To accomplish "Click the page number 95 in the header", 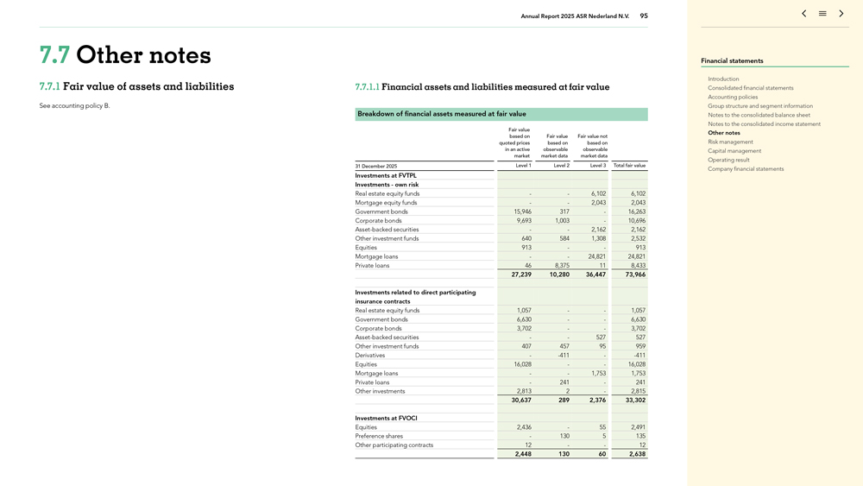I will [x=644, y=16].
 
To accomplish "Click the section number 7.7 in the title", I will [x=55, y=55].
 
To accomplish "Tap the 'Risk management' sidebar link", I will [x=730, y=142].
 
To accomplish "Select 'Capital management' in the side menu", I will [x=734, y=151].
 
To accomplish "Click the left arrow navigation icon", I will [x=803, y=14].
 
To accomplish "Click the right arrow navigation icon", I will [x=841, y=14].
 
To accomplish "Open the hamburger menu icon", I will [x=822, y=14].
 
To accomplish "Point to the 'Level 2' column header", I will [x=561, y=166].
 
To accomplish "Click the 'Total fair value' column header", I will [x=629, y=166].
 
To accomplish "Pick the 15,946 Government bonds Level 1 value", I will [x=522, y=211].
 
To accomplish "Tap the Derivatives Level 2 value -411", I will [x=563, y=356].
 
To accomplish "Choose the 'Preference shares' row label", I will [x=379, y=436].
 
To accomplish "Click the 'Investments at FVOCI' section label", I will [x=386, y=418].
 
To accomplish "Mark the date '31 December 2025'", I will [x=376, y=166].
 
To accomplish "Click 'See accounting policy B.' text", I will [x=74, y=106].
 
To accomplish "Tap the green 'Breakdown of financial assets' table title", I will [x=441, y=114].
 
